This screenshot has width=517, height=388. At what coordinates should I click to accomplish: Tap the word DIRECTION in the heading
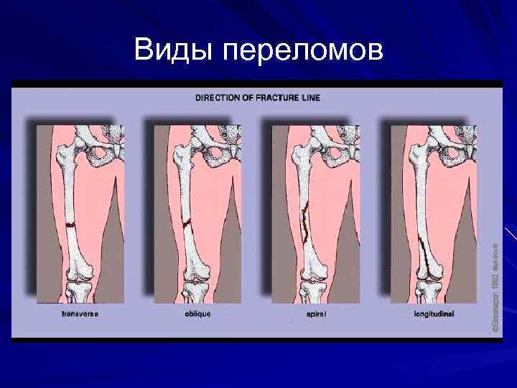coord(218,97)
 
